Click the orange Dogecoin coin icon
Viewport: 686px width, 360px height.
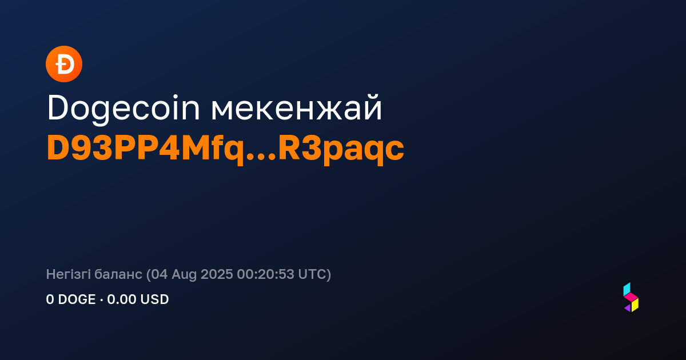click(x=64, y=64)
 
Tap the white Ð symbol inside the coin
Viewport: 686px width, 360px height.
click(x=65, y=64)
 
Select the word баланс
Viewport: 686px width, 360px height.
click(x=118, y=274)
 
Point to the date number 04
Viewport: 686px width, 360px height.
click(x=159, y=274)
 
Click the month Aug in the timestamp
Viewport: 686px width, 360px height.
click(x=184, y=275)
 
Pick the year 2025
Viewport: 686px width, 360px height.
click(x=217, y=274)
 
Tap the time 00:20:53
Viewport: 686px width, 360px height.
click(x=265, y=274)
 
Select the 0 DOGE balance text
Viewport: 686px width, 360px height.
click(x=71, y=299)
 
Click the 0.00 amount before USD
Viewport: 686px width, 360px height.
click(x=121, y=299)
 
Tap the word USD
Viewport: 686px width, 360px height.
click(x=153, y=299)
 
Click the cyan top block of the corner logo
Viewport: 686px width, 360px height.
click(x=627, y=289)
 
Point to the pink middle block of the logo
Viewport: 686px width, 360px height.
click(x=631, y=297)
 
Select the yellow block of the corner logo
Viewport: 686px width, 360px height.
click(x=635, y=305)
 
